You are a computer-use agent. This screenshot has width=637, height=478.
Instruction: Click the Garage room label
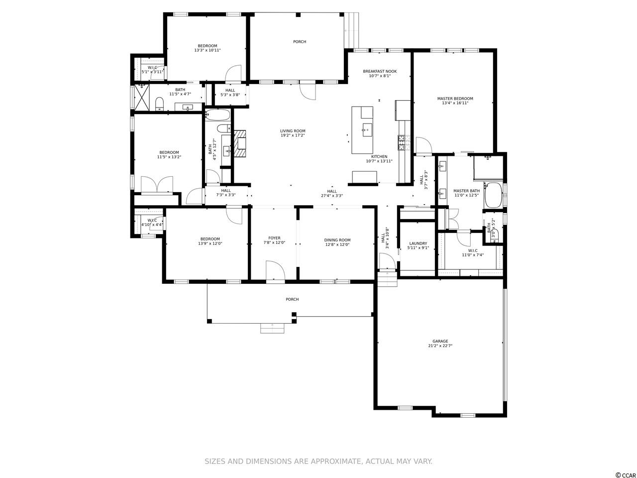point(440,341)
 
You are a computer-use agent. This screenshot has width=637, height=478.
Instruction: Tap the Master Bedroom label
point(455,99)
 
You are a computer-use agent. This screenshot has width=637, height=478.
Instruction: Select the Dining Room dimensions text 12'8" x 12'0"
point(337,244)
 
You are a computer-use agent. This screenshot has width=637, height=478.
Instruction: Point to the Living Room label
point(293,131)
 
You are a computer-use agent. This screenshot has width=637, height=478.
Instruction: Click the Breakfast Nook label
point(380,71)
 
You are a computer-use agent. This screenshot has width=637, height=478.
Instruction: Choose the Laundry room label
point(418,243)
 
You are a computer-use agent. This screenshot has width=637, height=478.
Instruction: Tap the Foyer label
point(274,238)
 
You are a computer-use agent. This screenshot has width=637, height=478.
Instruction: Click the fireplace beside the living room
point(240,143)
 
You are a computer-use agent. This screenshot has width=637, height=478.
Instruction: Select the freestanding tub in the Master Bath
point(493,195)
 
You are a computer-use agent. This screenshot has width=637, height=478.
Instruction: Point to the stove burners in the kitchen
point(401,143)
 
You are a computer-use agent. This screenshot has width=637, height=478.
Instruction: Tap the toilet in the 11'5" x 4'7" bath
point(159,104)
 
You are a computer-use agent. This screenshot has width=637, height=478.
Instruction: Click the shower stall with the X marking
point(142,97)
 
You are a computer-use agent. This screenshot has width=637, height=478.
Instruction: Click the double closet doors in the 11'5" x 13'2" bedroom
point(157,184)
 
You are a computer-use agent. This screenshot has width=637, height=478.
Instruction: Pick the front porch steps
point(272,329)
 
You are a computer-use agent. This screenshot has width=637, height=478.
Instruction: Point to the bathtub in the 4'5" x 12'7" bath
point(217,115)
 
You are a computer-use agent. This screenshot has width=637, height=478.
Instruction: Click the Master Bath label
point(466,191)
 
